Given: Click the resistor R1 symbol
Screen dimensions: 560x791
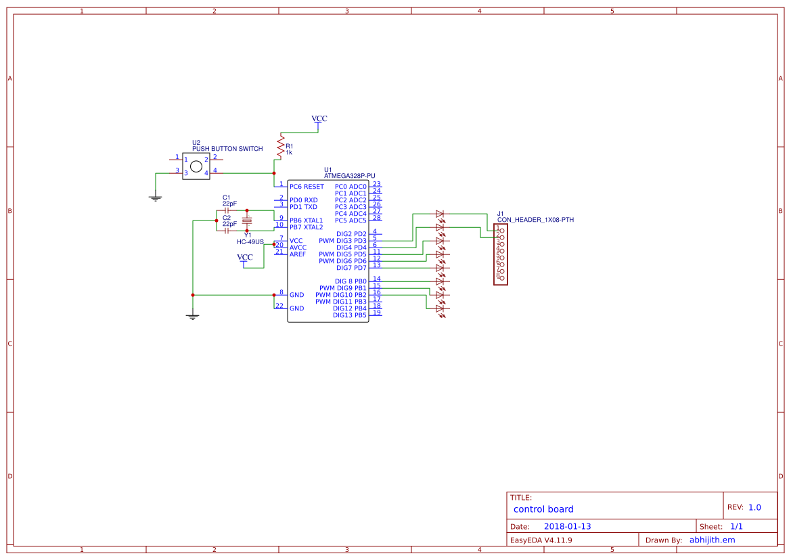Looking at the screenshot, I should coord(279,145).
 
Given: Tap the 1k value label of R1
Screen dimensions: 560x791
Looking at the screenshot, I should coord(289,153).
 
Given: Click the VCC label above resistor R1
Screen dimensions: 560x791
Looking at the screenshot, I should coord(319,118).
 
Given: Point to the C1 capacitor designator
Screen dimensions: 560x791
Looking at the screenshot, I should coord(226,197).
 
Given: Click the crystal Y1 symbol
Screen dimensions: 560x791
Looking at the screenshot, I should coord(247,220).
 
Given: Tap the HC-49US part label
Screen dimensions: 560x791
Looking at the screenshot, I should coord(250,241).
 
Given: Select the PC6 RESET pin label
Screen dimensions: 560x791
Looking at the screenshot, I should coord(307,186).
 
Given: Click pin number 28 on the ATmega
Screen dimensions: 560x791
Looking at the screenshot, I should coord(376,218).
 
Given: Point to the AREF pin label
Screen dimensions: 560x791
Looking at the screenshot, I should coord(298,254).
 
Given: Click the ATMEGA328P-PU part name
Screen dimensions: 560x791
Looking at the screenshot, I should coord(349,176).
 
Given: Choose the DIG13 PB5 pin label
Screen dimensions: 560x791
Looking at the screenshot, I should coord(351,315).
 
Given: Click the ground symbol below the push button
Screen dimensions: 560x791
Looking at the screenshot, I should coord(155,198).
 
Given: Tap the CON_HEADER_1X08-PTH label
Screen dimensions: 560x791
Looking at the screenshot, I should coord(535,220).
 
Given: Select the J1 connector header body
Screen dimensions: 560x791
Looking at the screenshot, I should coord(501,254).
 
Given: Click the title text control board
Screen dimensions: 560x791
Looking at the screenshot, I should coord(543,509).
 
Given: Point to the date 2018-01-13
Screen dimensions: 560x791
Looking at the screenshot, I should coord(567,526).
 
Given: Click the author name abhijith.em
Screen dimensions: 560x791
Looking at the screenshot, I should coord(712,540).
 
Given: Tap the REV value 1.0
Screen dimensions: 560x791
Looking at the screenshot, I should coord(754,507).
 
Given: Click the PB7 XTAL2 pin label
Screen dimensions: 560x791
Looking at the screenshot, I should coord(307,227).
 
